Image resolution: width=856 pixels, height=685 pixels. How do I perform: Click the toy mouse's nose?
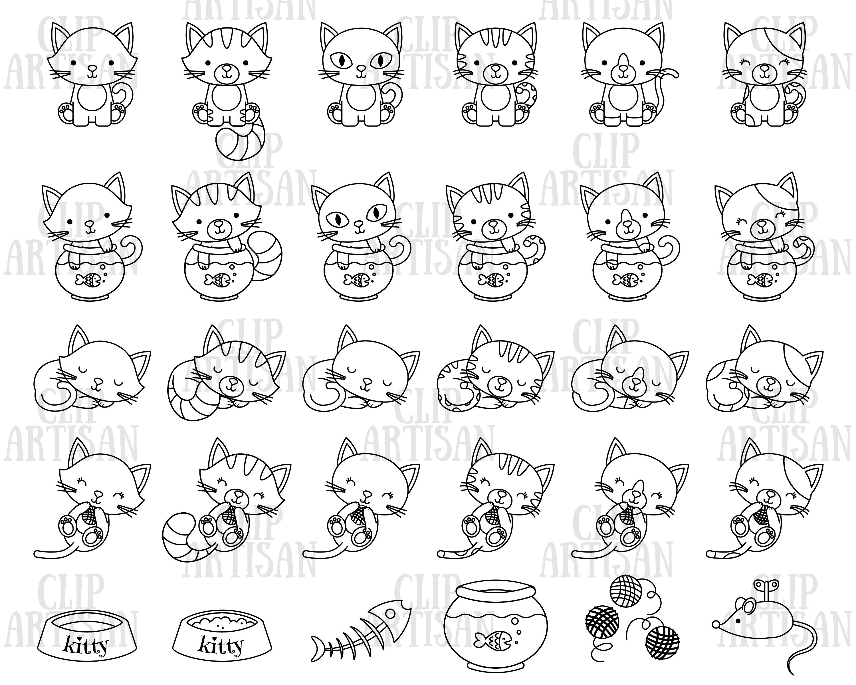pos(715,625)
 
